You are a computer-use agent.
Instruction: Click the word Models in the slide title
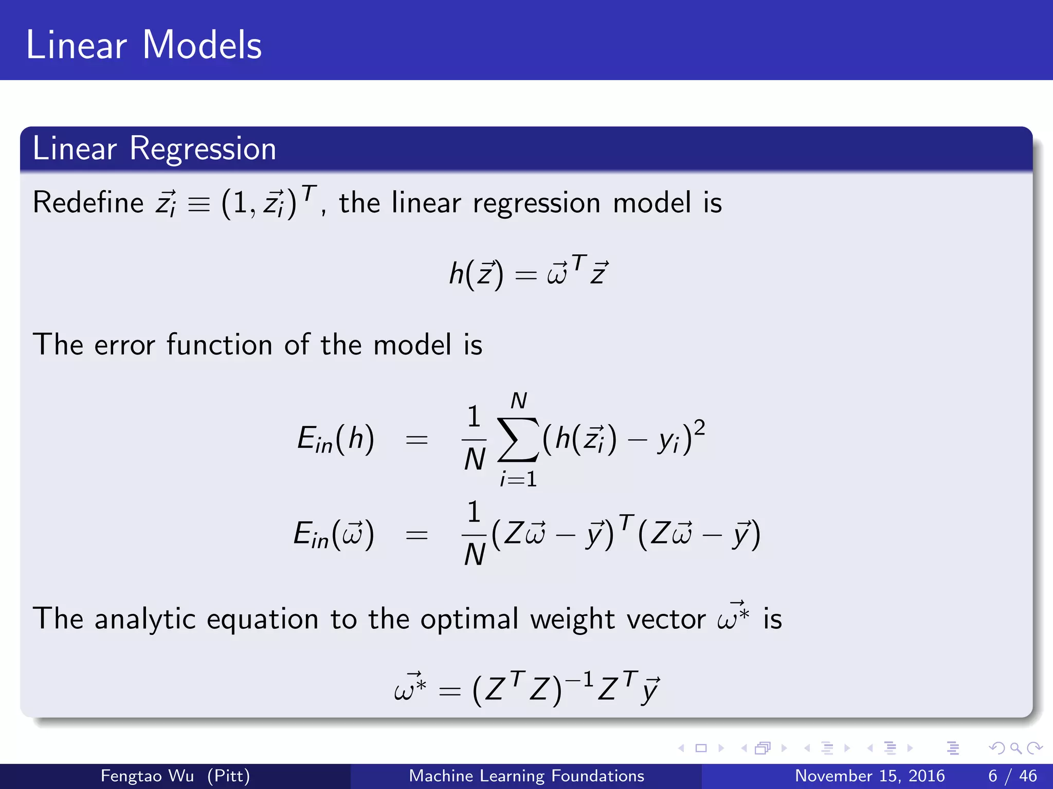[x=202, y=45]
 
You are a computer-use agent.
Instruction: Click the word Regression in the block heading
[x=203, y=149]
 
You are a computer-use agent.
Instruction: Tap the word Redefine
[x=88, y=202]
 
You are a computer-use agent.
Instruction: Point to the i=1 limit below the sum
[x=518, y=479]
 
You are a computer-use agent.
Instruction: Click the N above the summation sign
[x=519, y=401]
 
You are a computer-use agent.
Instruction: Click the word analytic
[x=145, y=618]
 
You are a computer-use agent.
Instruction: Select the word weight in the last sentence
[x=572, y=618]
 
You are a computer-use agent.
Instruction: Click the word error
[x=124, y=344]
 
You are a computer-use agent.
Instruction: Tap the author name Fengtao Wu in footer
[x=147, y=776]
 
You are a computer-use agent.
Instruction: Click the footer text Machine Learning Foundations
[x=526, y=776]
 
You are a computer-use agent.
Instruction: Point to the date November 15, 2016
[x=869, y=776]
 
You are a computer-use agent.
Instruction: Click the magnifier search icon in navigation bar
[x=1015, y=748]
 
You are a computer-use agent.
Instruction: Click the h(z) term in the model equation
[x=476, y=274]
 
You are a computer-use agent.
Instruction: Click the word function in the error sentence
[x=219, y=344]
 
